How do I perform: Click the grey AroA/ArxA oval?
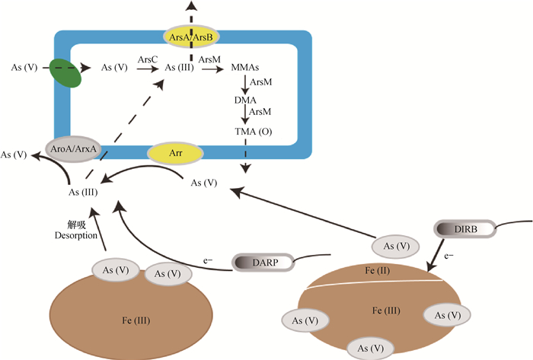(73, 148)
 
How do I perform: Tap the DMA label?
(245, 100)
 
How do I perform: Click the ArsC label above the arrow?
(148, 59)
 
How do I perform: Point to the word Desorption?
(76, 236)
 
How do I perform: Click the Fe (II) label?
(378, 270)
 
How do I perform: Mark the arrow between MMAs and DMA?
(245, 84)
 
